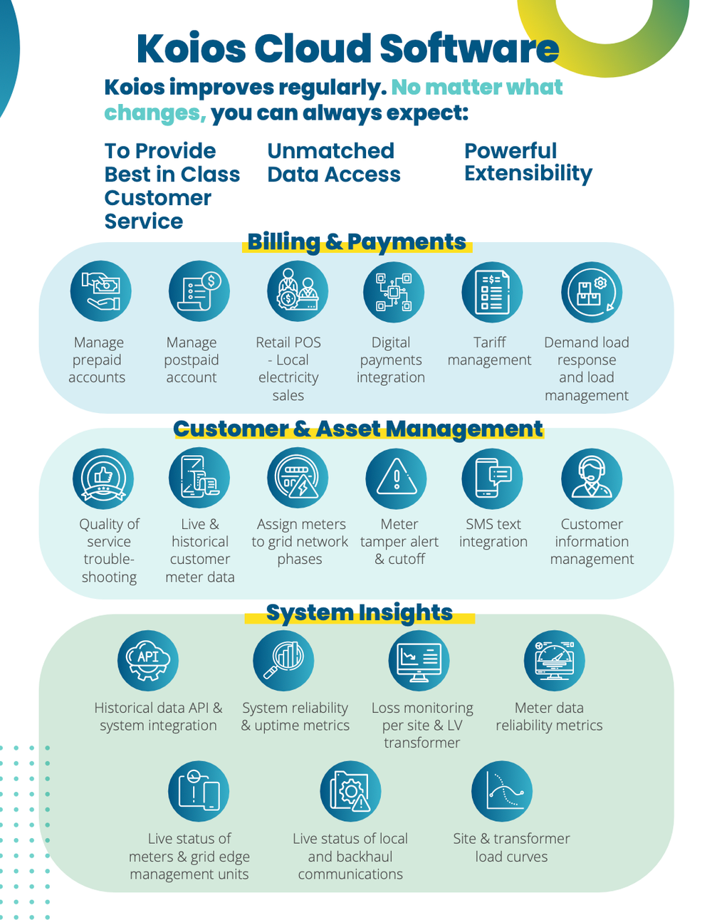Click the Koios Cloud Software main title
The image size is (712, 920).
347,48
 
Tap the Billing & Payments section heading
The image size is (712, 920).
357,242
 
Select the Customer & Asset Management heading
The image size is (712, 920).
357,429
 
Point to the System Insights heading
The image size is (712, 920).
359,612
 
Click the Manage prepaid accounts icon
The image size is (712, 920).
101,292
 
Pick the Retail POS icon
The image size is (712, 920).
298,292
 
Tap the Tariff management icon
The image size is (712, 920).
492,292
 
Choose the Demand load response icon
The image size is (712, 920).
591,292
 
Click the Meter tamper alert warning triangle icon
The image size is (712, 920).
396,479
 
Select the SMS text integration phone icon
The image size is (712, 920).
492,479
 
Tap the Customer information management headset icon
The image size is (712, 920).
591,479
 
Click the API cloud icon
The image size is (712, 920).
148,660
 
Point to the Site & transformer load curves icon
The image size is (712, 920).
502,791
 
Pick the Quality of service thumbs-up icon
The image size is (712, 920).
103,479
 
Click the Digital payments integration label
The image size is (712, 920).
391,360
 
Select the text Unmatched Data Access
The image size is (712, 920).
333,162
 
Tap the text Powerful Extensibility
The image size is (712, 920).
528,162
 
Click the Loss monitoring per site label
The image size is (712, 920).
422,725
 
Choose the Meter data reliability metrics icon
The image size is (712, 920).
554,660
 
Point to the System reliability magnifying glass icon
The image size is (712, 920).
283,660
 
